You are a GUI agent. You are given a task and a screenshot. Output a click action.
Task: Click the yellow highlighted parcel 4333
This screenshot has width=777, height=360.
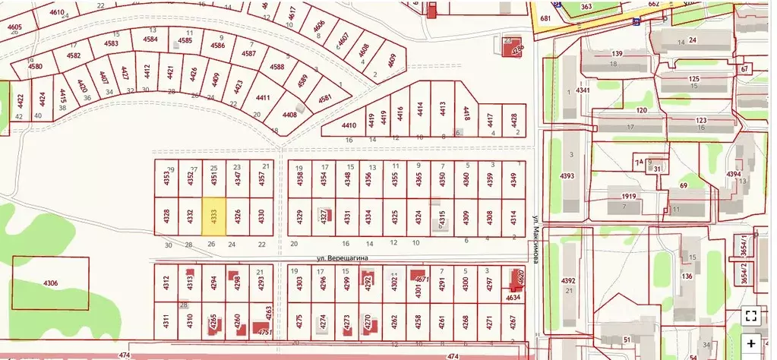point(214,215)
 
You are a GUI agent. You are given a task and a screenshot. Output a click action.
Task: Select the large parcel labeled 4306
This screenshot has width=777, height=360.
point(50,283)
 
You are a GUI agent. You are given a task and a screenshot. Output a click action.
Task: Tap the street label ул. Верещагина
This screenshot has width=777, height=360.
point(342,258)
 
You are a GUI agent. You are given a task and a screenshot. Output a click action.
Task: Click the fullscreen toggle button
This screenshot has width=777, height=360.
point(750,316)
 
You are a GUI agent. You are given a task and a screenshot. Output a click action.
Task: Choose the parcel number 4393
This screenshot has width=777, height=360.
point(567,176)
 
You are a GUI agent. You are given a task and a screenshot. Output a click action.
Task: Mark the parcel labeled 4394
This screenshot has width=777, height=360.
point(733,175)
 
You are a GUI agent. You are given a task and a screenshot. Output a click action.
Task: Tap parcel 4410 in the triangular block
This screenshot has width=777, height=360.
point(349,125)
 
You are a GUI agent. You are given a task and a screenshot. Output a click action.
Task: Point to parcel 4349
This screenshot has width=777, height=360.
point(513,180)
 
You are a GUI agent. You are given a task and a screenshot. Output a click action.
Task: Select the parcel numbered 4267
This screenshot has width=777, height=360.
point(513,321)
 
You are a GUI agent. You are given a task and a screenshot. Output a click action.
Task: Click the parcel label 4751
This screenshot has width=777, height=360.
point(264,332)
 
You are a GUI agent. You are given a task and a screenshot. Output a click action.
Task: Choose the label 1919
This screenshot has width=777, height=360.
point(627,197)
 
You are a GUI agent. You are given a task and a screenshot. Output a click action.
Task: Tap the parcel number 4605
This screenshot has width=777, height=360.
point(15,27)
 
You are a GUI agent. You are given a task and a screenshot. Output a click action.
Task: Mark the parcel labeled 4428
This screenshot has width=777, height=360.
point(514,119)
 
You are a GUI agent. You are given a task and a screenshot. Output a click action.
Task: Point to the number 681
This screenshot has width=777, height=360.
point(545,18)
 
